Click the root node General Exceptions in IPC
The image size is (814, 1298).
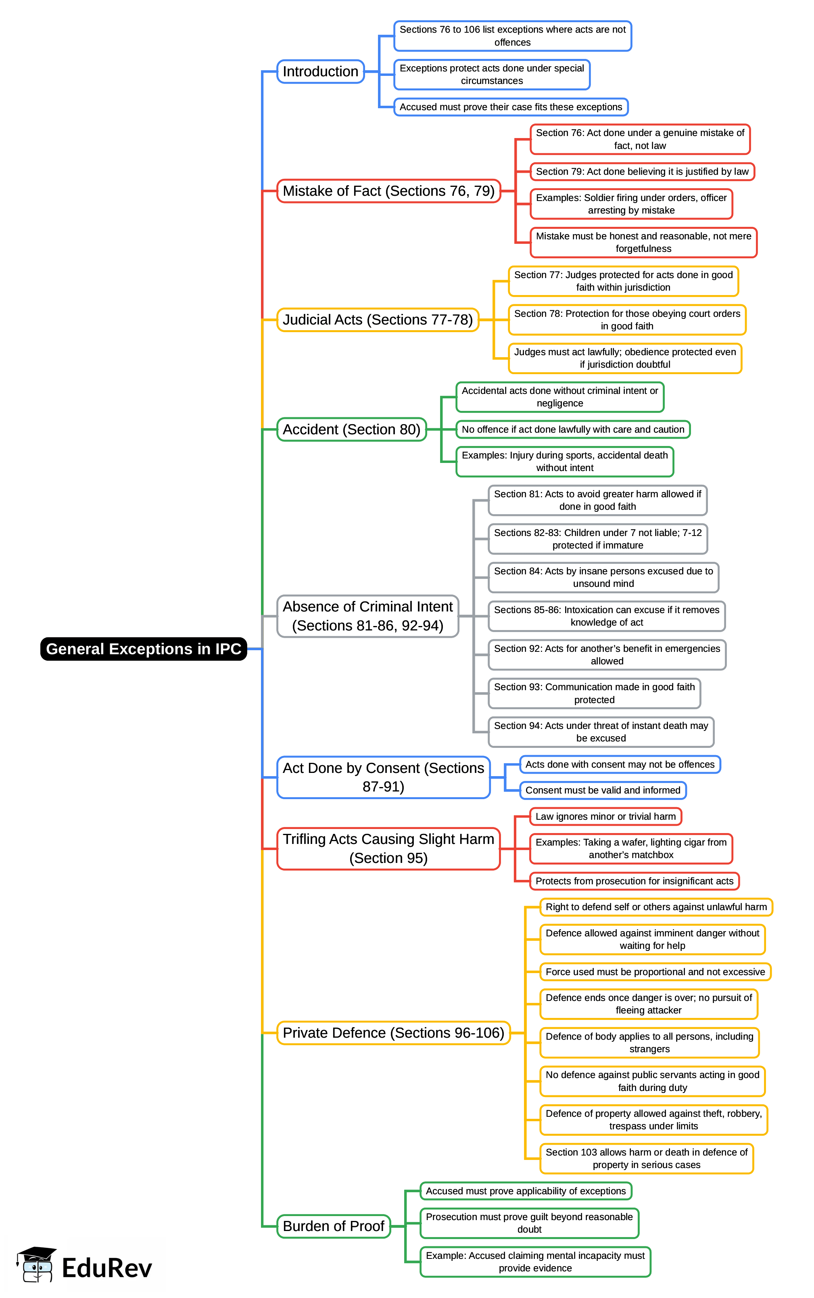tap(143, 649)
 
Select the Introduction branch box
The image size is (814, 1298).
tap(320, 71)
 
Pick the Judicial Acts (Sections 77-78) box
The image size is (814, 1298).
tap(378, 320)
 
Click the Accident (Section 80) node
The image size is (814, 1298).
tap(352, 429)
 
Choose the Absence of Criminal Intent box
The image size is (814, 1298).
tap(368, 616)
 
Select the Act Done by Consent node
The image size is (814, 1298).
tap(383, 777)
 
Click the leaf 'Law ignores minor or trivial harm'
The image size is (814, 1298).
tap(605, 816)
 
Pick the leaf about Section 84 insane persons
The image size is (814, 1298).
tap(603, 578)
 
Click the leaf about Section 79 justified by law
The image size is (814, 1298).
tap(642, 172)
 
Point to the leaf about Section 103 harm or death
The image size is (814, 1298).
tap(646, 1158)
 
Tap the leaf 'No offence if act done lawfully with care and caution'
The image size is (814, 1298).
tap(573, 429)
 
